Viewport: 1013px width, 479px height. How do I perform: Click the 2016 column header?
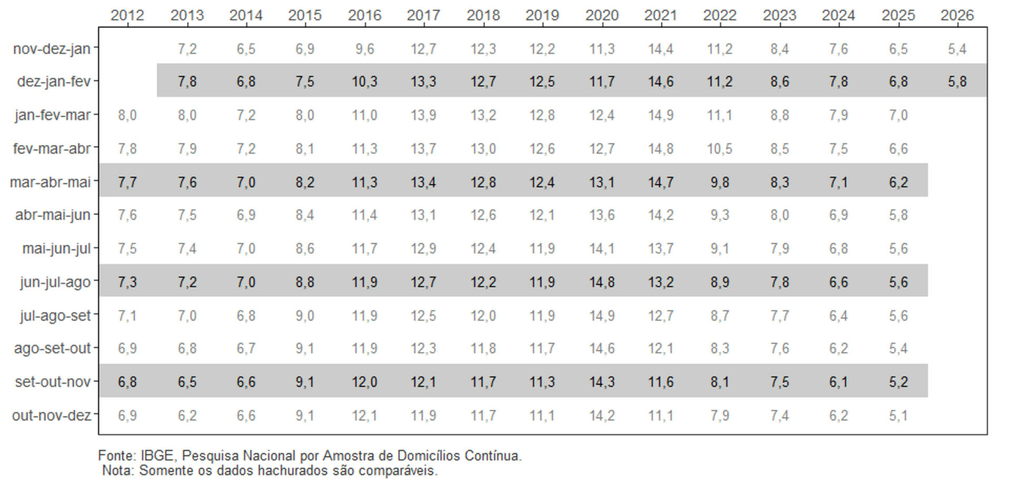point(364,15)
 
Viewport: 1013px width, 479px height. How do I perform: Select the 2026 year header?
point(957,15)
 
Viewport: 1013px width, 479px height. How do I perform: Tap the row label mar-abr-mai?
point(51,182)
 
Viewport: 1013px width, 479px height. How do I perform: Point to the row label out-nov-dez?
point(52,415)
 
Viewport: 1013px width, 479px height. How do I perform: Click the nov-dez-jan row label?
point(52,49)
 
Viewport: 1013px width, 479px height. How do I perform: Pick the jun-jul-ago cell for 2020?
point(601,282)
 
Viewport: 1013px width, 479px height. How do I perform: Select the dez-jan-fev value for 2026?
point(957,81)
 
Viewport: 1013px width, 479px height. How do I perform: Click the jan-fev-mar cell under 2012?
point(127,115)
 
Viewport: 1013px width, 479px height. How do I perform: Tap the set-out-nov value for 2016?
point(364,381)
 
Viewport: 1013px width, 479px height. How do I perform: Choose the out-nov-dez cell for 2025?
point(898,415)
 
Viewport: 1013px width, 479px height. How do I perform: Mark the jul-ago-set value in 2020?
point(601,315)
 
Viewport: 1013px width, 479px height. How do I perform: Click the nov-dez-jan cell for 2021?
point(661,49)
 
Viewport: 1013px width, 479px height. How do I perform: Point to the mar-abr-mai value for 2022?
point(720,182)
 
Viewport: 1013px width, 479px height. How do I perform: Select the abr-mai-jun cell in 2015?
point(305,215)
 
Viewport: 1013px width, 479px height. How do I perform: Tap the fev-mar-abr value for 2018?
point(483,149)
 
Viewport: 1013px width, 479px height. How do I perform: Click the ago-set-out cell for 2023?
point(779,348)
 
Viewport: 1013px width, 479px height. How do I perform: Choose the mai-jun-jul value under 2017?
point(423,248)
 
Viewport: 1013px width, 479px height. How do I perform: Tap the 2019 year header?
point(542,15)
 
